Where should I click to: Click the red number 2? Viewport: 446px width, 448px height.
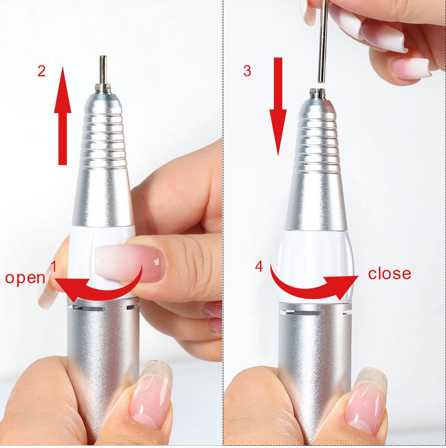pyautogui.click(x=42, y=71)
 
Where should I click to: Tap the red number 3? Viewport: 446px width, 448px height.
pyautogui.click(x=247, y=71)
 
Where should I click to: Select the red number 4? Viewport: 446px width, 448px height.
pyautogui.click(x=259, y=266)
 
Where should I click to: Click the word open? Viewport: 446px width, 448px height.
pyautogui.click(x=25, y=278)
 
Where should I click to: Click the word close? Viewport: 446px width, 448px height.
pyautogui.click(x=390, y=274)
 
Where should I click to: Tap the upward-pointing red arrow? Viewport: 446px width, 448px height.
pyautogui.click(x=63, y=116)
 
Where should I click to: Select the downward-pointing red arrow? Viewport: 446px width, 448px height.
pyautogui.click(x=278, y=106)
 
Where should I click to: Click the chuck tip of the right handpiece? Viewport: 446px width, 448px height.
pyautogui.click(x=318, y=94)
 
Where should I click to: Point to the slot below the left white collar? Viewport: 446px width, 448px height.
pyautogui.click(x=89, y=308)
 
